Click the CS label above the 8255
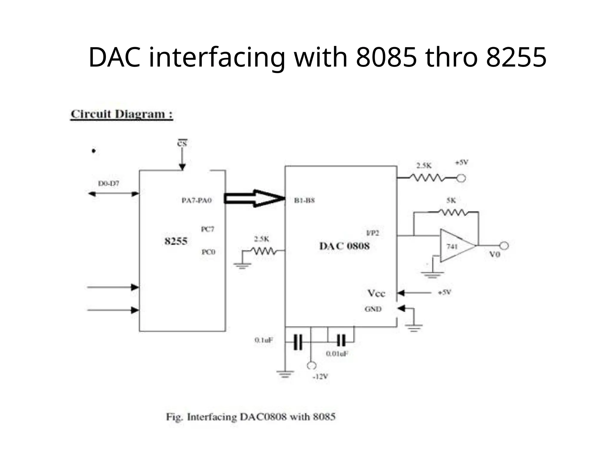(x=182, y=144)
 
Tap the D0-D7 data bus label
(x=109, y=184)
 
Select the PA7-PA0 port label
(x=197, y=200)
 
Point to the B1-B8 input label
(x=304, y=200)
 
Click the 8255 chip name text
(x=176, y=241)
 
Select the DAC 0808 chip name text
(x=344, y=246)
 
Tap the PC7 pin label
(x=207, y=229)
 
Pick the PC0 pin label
(x=208, y=252)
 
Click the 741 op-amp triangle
(x=455, y=246)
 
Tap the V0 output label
(x=495, y=254)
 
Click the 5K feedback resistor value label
(x=451, y=201)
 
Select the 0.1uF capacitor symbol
(x=298, y=342)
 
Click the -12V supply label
(x=320, y=377)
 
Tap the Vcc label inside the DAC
(x=376, y=293)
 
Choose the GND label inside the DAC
(x=373, y=309)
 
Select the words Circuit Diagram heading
(x=121, y=114)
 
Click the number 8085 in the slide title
(x=386, y=57)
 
